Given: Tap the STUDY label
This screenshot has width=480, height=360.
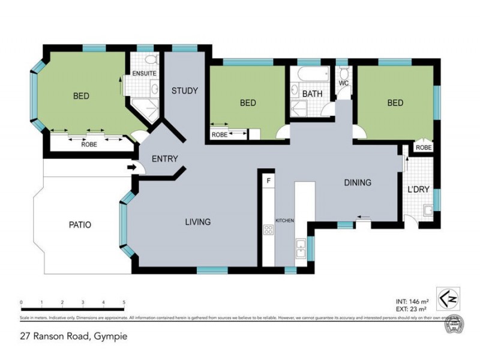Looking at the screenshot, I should tap(185, 91).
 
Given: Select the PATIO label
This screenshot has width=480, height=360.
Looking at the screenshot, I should tap(80, 226).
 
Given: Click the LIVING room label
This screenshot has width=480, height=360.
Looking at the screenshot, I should tap(198, 222).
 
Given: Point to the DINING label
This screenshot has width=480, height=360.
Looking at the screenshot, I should tap(358, 183).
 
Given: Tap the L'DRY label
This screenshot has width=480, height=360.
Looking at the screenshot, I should tap(419, 190).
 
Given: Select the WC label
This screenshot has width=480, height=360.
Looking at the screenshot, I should tap(344, 83).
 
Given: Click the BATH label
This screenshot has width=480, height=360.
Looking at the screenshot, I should tap(312, 94).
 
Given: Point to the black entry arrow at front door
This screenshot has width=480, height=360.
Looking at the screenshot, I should tap(131, 167).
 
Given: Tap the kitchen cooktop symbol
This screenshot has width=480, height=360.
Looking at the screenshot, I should tap(267, 230).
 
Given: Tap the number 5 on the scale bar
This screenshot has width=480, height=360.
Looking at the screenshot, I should tap(124, 302).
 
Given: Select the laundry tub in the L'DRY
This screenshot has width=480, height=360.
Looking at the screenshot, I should tap(428, 211).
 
